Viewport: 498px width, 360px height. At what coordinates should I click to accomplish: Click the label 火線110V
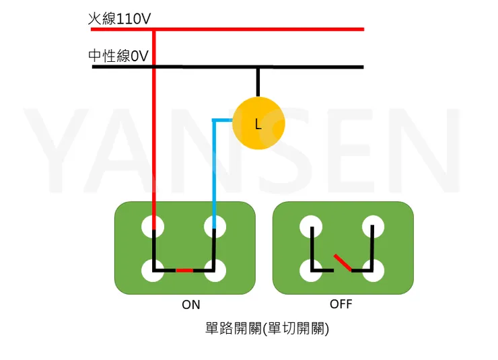119,19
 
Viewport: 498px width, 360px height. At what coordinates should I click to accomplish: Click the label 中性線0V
118,56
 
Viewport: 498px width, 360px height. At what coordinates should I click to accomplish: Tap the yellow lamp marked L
258,123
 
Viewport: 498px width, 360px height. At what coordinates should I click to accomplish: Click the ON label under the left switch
191,305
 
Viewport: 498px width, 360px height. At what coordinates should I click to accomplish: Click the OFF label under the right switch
341,304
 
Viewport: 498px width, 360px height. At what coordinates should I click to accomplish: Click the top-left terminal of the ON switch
153,226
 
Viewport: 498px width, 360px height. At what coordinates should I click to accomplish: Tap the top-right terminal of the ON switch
215,226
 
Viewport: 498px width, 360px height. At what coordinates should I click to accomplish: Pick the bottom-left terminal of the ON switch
153,271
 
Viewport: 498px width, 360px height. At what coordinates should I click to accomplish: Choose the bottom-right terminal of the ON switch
215,271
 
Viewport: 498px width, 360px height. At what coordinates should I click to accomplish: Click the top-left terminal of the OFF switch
311,226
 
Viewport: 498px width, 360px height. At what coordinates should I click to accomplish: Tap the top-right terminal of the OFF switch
373,226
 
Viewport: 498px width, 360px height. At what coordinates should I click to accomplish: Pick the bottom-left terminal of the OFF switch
311,271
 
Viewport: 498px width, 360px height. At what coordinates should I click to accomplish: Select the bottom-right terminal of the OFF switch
373,271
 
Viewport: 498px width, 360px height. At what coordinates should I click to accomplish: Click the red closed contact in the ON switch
184,271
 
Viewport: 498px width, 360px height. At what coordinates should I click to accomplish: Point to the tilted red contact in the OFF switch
343,262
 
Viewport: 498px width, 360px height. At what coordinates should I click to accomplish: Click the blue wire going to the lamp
214,168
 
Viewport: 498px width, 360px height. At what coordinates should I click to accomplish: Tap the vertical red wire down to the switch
154,135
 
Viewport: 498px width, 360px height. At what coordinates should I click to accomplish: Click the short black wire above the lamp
257,82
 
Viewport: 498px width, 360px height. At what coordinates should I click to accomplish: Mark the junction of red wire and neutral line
154,67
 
